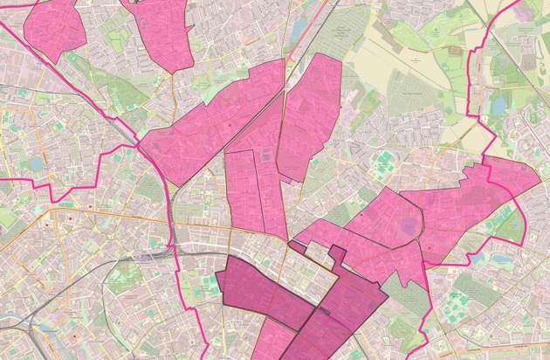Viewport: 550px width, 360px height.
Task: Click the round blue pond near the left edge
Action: tap(35, 163)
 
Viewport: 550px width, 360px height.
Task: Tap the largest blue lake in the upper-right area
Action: tap(499, 106)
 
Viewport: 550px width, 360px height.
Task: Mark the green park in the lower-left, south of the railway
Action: tap(122, 280)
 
